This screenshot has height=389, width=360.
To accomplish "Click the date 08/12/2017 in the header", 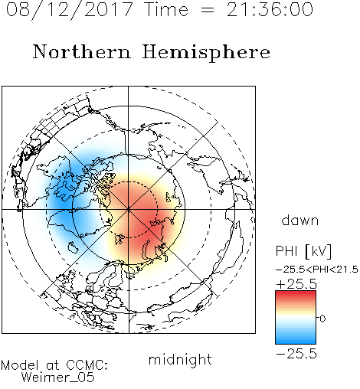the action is pyautogui.click(x=69, y=10).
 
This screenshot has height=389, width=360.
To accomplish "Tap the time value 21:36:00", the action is pyautogui.click(x=270, y=9).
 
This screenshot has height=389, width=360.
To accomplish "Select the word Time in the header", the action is pyautogui.click(x=166, y=9).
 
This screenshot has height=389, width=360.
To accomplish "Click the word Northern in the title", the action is pyautogui.click(x=82, y=51).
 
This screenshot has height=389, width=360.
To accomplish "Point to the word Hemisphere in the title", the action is pyautogui.click(x=206, y=52).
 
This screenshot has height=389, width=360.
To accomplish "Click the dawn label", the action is pyautogui.click(x=300, y=220).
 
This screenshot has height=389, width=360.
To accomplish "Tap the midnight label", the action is pyautogui.click(x=180, y=359).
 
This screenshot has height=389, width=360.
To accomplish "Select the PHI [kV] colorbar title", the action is pyautogui.click(x=303, y=251).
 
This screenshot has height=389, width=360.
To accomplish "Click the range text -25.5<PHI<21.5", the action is pyautogui.click(x=317, y=270).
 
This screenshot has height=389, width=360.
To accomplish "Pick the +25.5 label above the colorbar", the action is pyautogui.click(x=296, y=284).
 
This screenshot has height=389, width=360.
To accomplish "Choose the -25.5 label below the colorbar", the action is pyautogui.click(x=296, y=354).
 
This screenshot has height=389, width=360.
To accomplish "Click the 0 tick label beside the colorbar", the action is pyautogui.click(x=322, y=319).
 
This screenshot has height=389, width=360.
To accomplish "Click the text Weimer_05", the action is pyautogui.click(x=58, y=378).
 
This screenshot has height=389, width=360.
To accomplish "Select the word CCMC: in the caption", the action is pyautogui.click(x=87, y=365).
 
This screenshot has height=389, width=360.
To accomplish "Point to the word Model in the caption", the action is pyautogui.click(x=20, y=365).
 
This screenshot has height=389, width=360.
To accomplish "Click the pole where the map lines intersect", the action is pyautogui.click(x=129, y=209).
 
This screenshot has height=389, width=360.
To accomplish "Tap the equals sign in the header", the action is pyautogui.click(x=208, y=10).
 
